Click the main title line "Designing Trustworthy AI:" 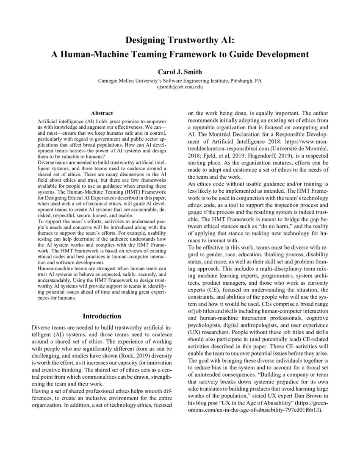pyautogui.click(x=180, y=41)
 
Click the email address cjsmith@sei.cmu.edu pyautogui.click(x=180, y=86)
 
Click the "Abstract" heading pyautogui.click(x=102, y=113)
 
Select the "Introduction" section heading pyautogui.click(x=102, y=316)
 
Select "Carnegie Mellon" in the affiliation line pyautogui.click(x=116, y=80)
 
